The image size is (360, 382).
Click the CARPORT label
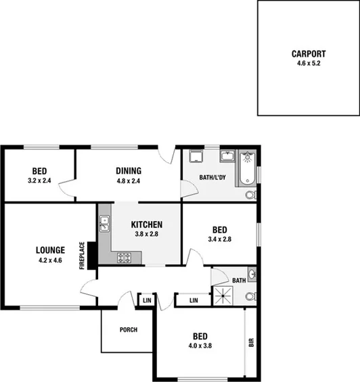[309, 54]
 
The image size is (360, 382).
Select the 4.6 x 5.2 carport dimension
[309, 64]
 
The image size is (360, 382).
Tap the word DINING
[128, 171]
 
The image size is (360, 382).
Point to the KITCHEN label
[147, 225]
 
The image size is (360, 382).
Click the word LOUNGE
[50, 250]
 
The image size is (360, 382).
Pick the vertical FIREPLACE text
[81, 256]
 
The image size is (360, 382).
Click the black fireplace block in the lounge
[91, 256]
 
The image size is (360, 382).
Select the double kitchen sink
[104, 224]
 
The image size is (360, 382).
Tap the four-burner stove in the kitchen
[124, 257]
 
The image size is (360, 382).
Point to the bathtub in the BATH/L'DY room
[248, 168]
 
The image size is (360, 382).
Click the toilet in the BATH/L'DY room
[250, 195]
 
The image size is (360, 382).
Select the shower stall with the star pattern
[223, 295]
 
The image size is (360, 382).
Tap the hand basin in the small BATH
[252, 274]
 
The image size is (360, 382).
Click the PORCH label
[128, 330]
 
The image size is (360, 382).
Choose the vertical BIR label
[252, 343]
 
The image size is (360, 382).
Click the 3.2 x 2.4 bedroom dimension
[39, 181]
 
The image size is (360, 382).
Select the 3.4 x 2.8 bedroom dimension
[219, 239]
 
